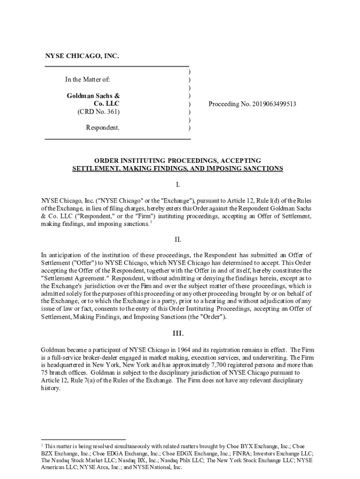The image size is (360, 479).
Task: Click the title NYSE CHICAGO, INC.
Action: point(82,56)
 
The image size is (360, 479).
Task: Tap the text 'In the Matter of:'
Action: point(87,80)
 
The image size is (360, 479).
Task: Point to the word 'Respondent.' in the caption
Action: point(102,127)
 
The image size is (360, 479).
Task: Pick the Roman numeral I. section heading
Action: point(178,184)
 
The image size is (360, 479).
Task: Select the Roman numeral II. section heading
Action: point(178,239)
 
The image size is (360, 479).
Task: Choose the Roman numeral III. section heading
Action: point(178,334)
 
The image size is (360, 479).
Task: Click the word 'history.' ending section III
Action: point(51,388)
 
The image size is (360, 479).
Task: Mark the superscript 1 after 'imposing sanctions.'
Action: point(150,222)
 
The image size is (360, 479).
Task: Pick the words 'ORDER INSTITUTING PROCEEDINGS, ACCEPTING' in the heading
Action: point(178,160)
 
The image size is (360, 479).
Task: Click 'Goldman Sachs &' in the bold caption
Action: point(93,96)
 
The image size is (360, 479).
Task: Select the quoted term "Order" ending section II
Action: point(213,317)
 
